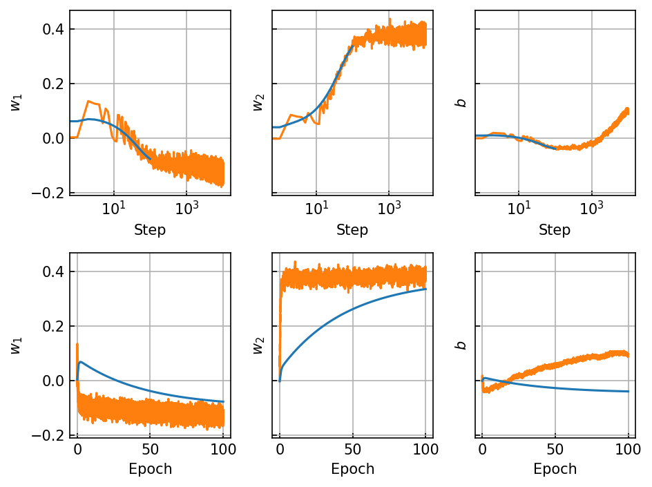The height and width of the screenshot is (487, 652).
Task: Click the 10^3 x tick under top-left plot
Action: [x=186, y=207]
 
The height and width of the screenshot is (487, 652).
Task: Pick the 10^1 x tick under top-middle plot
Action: [x=316, y=207]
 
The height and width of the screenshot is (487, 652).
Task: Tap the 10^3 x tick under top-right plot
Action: [x=591, y=207]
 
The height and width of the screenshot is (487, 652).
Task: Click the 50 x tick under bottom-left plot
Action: [x=150, y=449]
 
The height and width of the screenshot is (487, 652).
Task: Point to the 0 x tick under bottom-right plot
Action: [x=482, y=449]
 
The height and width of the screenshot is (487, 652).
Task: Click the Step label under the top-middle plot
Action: [x=352, y=229]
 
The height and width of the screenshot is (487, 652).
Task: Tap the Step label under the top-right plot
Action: [x=555, y=229]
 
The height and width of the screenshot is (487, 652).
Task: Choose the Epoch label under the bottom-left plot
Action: [x=150, y=469]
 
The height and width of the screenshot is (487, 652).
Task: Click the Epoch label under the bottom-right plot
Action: [x=555, y=469]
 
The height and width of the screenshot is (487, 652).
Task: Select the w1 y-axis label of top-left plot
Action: [x=16, y=103]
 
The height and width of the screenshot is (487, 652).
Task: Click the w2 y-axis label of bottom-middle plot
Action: [x=258, y=345]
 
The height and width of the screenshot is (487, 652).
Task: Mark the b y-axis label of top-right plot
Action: [x=461, y=103]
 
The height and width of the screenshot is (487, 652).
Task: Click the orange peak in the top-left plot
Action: [x=88, y=101]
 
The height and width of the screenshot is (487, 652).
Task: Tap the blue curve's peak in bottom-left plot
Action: [x=80, y=362]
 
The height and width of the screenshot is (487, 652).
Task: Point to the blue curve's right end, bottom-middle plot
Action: [x=425, y=289]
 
